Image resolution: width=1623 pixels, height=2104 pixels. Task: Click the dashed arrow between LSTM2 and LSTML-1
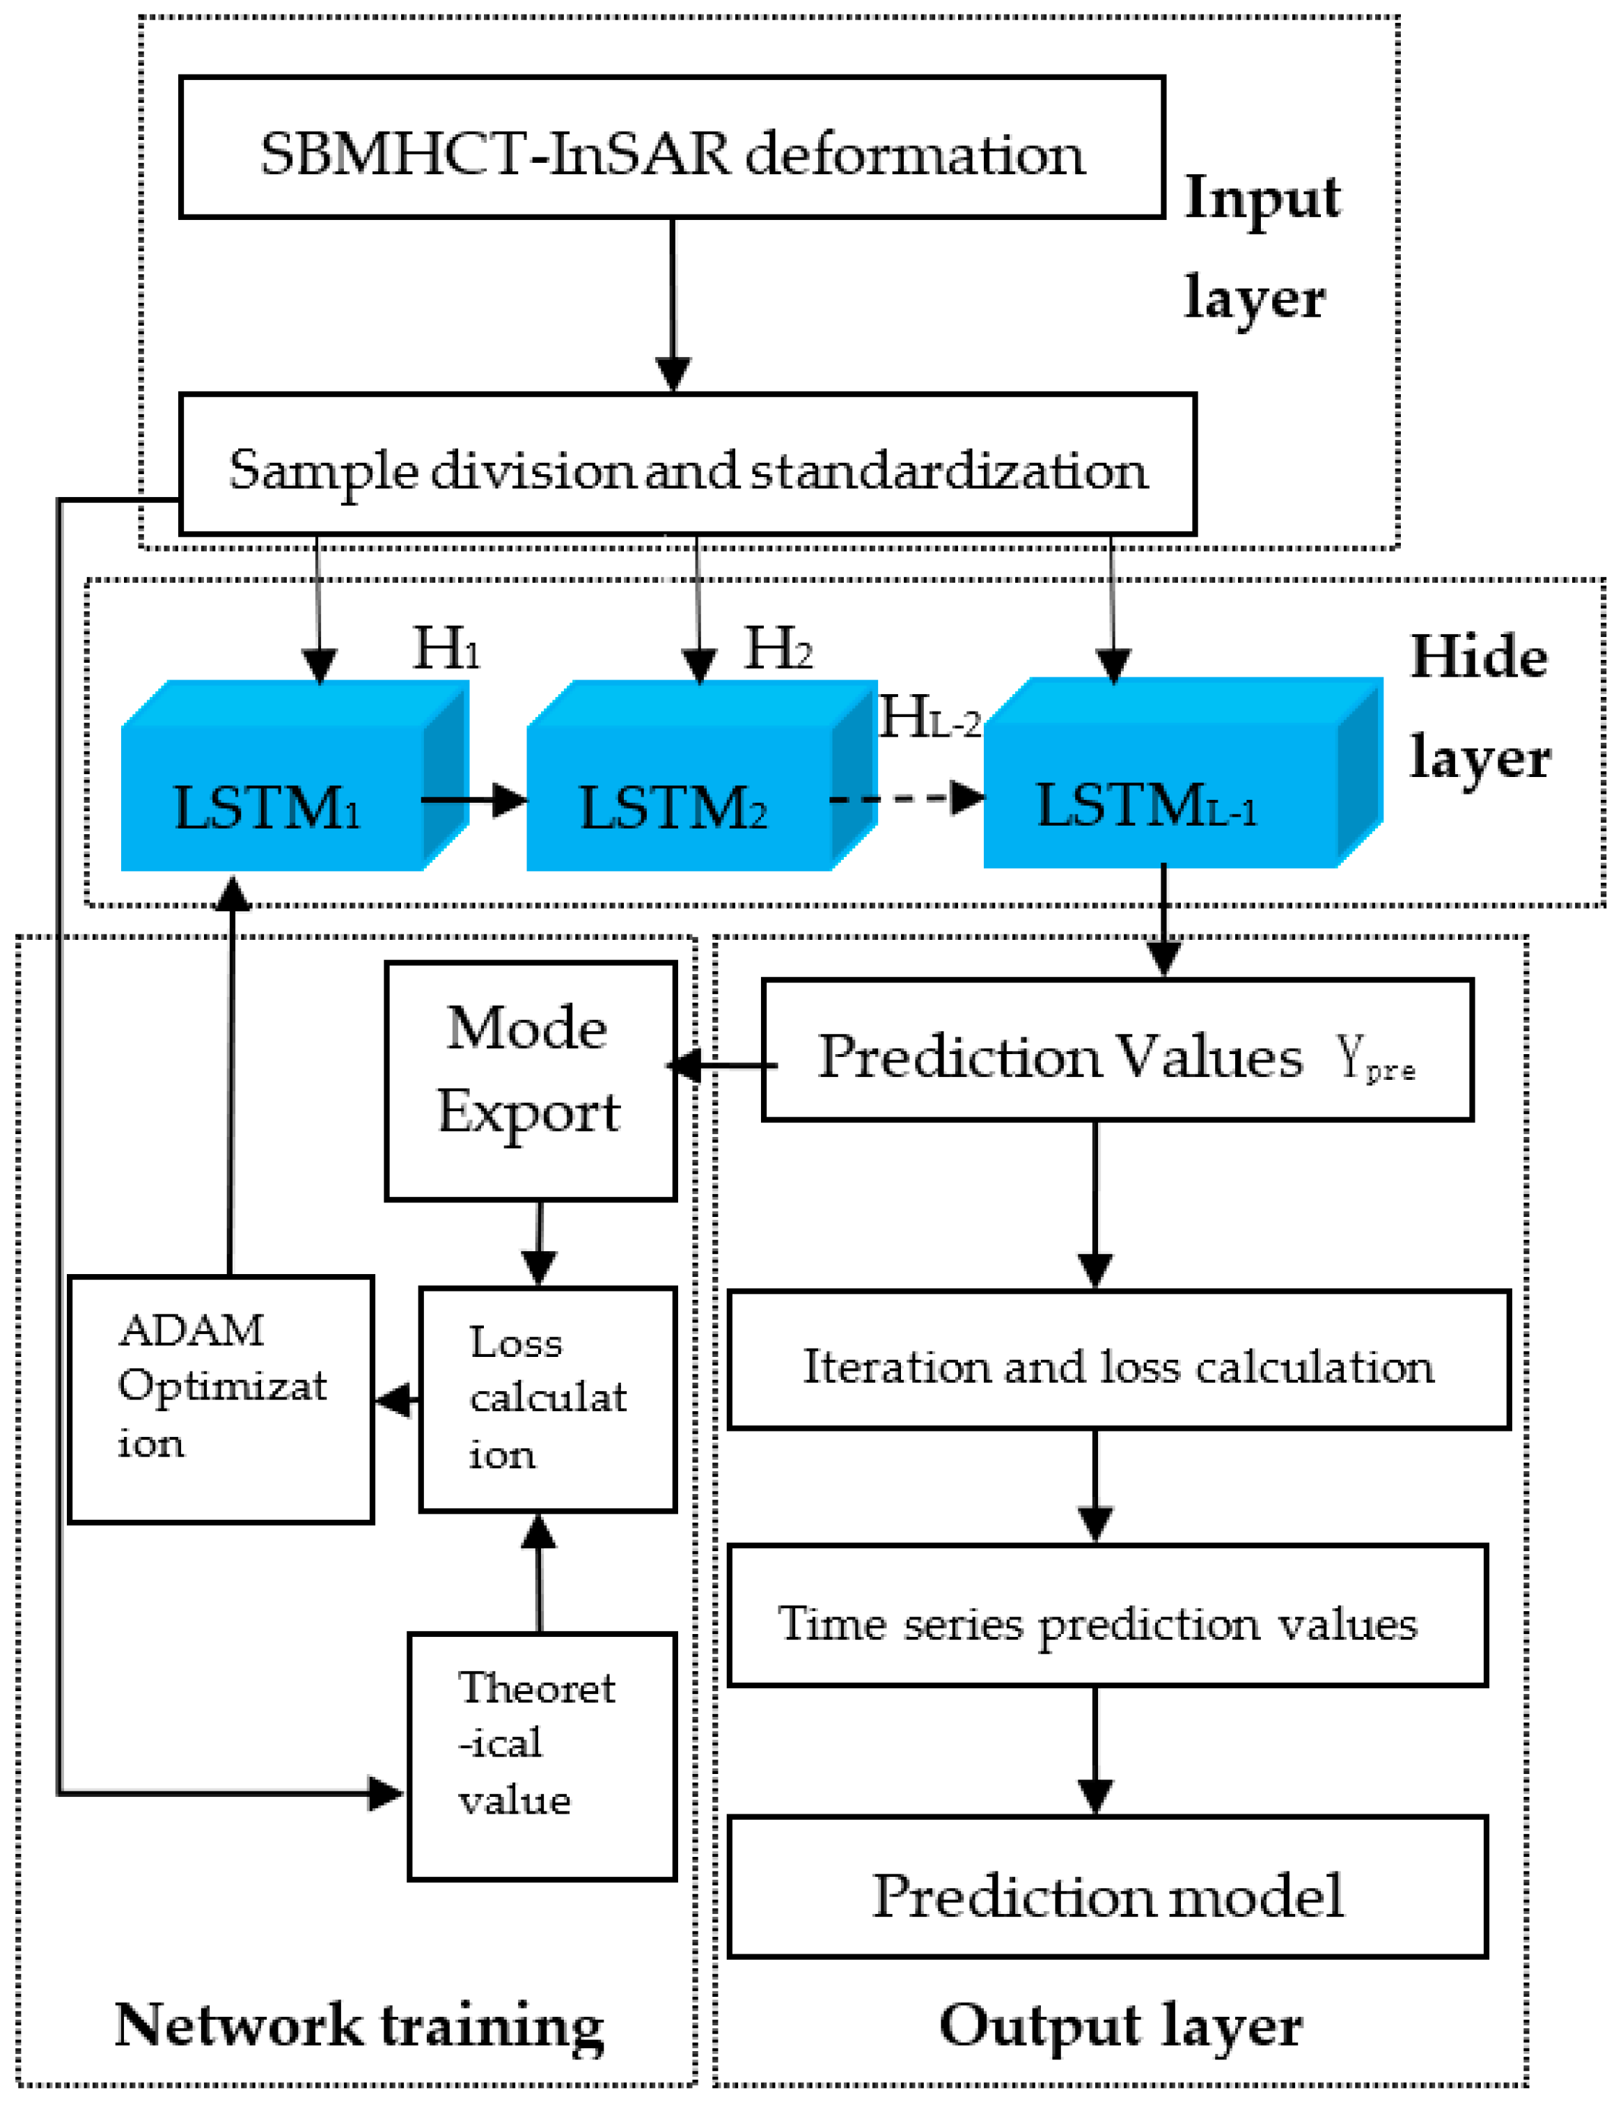(905, 799)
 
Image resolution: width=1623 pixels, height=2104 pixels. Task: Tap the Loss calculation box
(547, 1399)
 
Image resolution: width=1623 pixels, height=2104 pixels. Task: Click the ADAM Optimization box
(221, 1399)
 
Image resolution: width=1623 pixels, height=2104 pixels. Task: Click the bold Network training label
(359, 2027)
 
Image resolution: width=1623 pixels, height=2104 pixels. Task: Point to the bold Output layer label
(1120, 2027)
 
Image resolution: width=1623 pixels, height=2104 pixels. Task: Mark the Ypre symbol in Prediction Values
(1374, 1060)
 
